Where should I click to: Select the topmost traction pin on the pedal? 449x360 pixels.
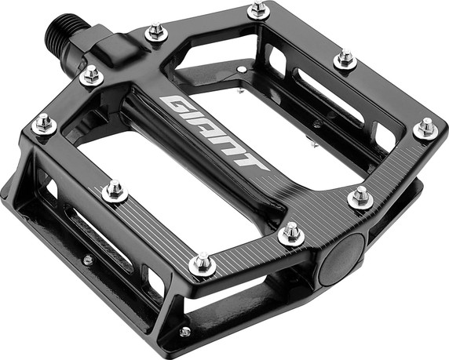[x=259, y=10]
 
